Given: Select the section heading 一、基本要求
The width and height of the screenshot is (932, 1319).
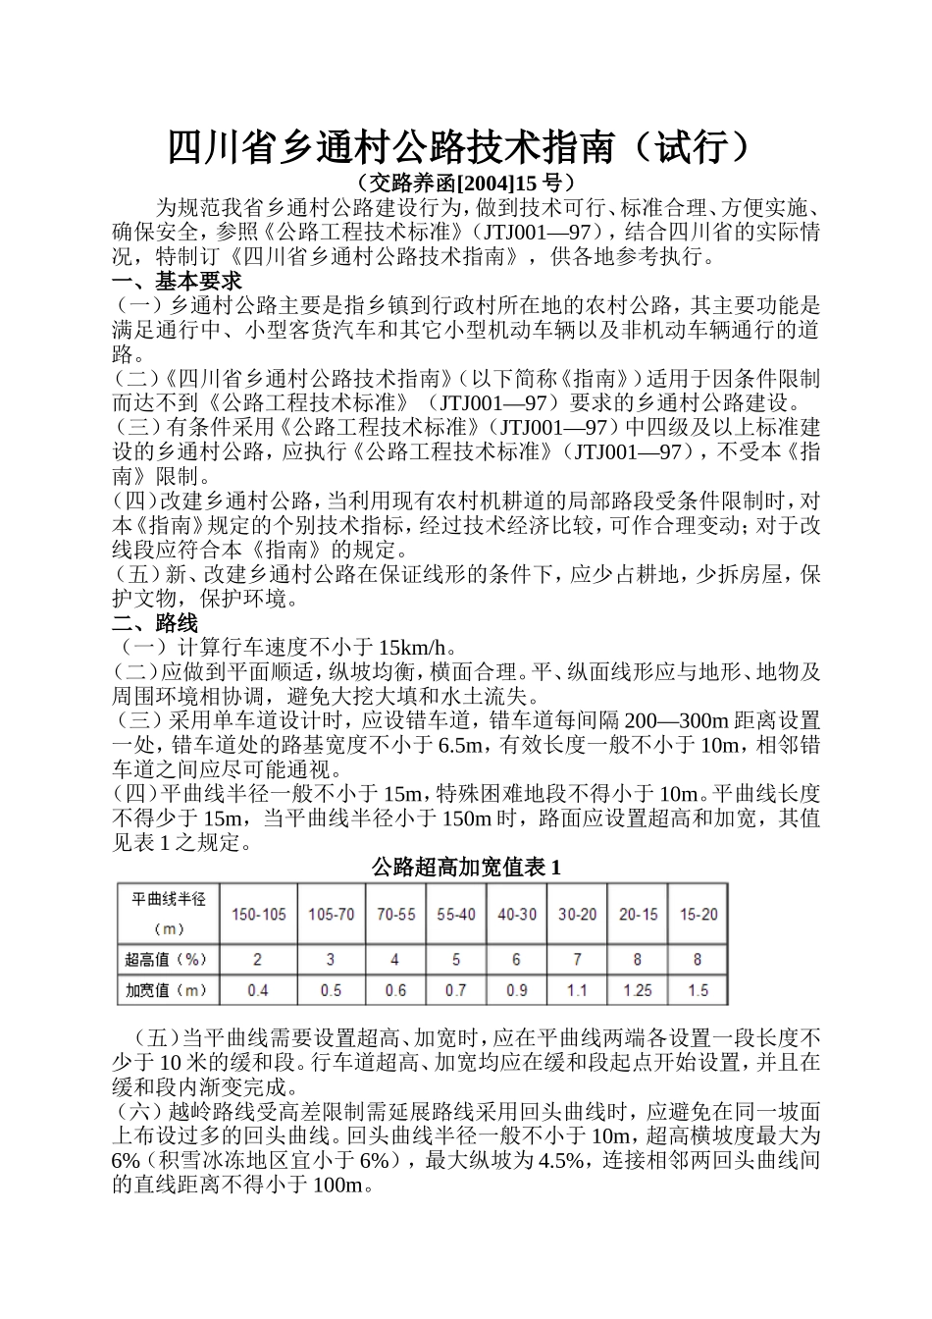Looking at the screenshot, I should click(x=177, y=282).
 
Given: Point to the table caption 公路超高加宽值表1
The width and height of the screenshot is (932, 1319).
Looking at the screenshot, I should click(x=466, y=868).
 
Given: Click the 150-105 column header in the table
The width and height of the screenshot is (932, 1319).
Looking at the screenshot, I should click(x=258, y=915).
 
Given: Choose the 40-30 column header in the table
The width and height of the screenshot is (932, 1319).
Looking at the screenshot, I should click(x=516, y=915).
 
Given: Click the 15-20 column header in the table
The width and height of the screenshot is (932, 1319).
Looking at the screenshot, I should click(x=698, y=915).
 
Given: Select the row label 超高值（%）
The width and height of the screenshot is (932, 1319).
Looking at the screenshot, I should click(x=166, y=959).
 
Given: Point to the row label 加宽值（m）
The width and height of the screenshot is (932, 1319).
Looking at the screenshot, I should click(x=166, y=990).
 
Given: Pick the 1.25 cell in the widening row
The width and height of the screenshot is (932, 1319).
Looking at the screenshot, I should click(x=638, y=990).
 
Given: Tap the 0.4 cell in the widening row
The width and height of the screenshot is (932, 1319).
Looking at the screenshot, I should click(x=258, y=990).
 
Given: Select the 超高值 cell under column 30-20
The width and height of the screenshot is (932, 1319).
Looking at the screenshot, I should click(x=577, y=959).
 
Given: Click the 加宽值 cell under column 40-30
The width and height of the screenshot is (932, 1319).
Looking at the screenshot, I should click(x=516, y=990).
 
